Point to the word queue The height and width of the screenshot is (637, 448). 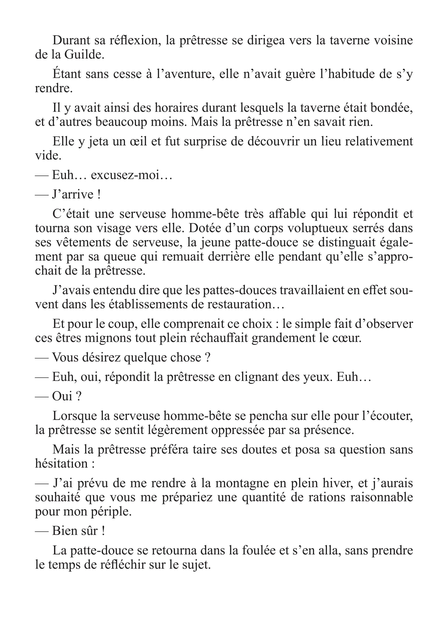tap(120, 257)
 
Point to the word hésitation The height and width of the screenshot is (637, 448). tap(61, 464)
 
